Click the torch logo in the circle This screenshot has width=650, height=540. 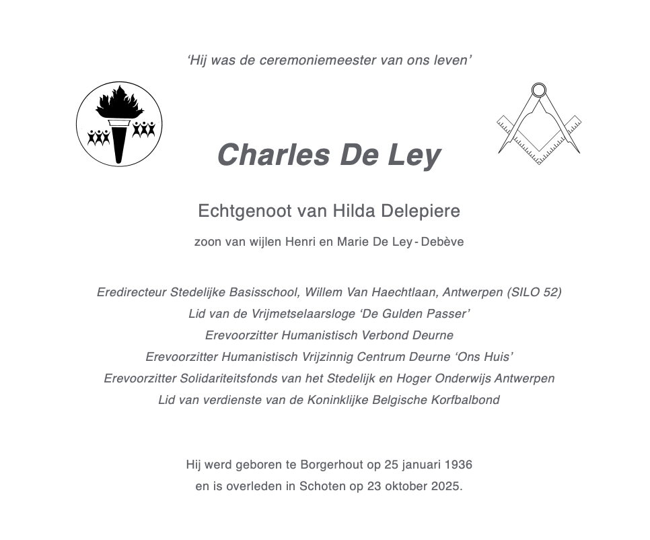pos(119,124)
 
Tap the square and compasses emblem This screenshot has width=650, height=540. pos(539,124)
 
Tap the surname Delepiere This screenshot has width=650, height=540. pos(421,211)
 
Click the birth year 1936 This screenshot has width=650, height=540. pos(458,465)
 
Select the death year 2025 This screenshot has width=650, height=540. pos(447,486)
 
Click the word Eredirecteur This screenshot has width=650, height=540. pos(131,292)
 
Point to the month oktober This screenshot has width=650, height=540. pos(404,486)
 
